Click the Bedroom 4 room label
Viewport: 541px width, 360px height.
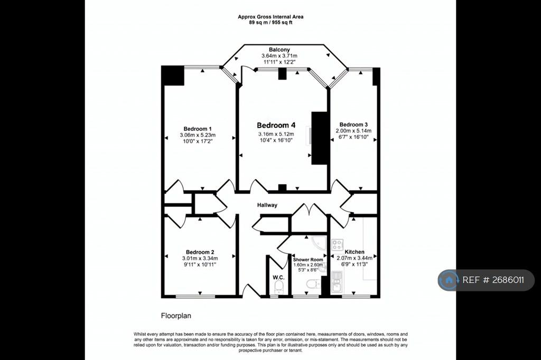click(x=276, y=125)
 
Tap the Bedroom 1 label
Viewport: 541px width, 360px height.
click(x=198, y=129)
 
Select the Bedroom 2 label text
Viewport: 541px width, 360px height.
click(x=200, y=252)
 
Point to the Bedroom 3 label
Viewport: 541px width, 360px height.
click(x=353, y=125)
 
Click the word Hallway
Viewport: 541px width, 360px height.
click(x=267, y=205)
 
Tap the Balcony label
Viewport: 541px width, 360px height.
click(x=279, y=50)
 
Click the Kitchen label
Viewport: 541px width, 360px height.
click(x=355, y=252)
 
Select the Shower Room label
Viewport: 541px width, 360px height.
click(x=308, y=260)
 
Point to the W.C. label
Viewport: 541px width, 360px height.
click(x=278, y=278)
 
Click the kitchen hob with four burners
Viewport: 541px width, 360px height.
click(x=337, y=245)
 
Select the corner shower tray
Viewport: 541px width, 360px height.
click(x=319, y=243)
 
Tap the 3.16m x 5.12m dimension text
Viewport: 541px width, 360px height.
click(x=276, y=134)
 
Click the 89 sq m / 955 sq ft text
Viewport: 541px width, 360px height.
click(x=270, y=22)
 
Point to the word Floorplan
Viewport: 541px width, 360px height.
click(x=176, y=316)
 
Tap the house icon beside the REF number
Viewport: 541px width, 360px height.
click(x=449, y=280)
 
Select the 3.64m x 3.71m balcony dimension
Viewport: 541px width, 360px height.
click(x=279, y=56)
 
